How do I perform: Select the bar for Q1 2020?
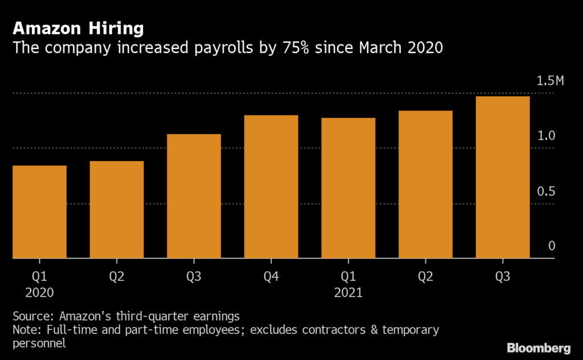(39, 212)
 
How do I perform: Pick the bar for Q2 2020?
(117, 210)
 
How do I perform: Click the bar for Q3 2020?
(194, 196)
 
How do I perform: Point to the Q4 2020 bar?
(271, 187)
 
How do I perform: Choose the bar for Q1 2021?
(348, 188)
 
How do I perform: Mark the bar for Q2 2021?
(425, 185)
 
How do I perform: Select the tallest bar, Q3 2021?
(503, 177)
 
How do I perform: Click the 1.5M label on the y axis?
(550, 81)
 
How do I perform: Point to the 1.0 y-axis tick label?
(547, 136)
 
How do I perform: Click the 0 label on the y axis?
(552, 246)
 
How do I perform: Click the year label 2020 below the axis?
(39, 293)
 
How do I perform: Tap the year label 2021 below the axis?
(348, 293)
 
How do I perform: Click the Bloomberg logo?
(538, 347)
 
